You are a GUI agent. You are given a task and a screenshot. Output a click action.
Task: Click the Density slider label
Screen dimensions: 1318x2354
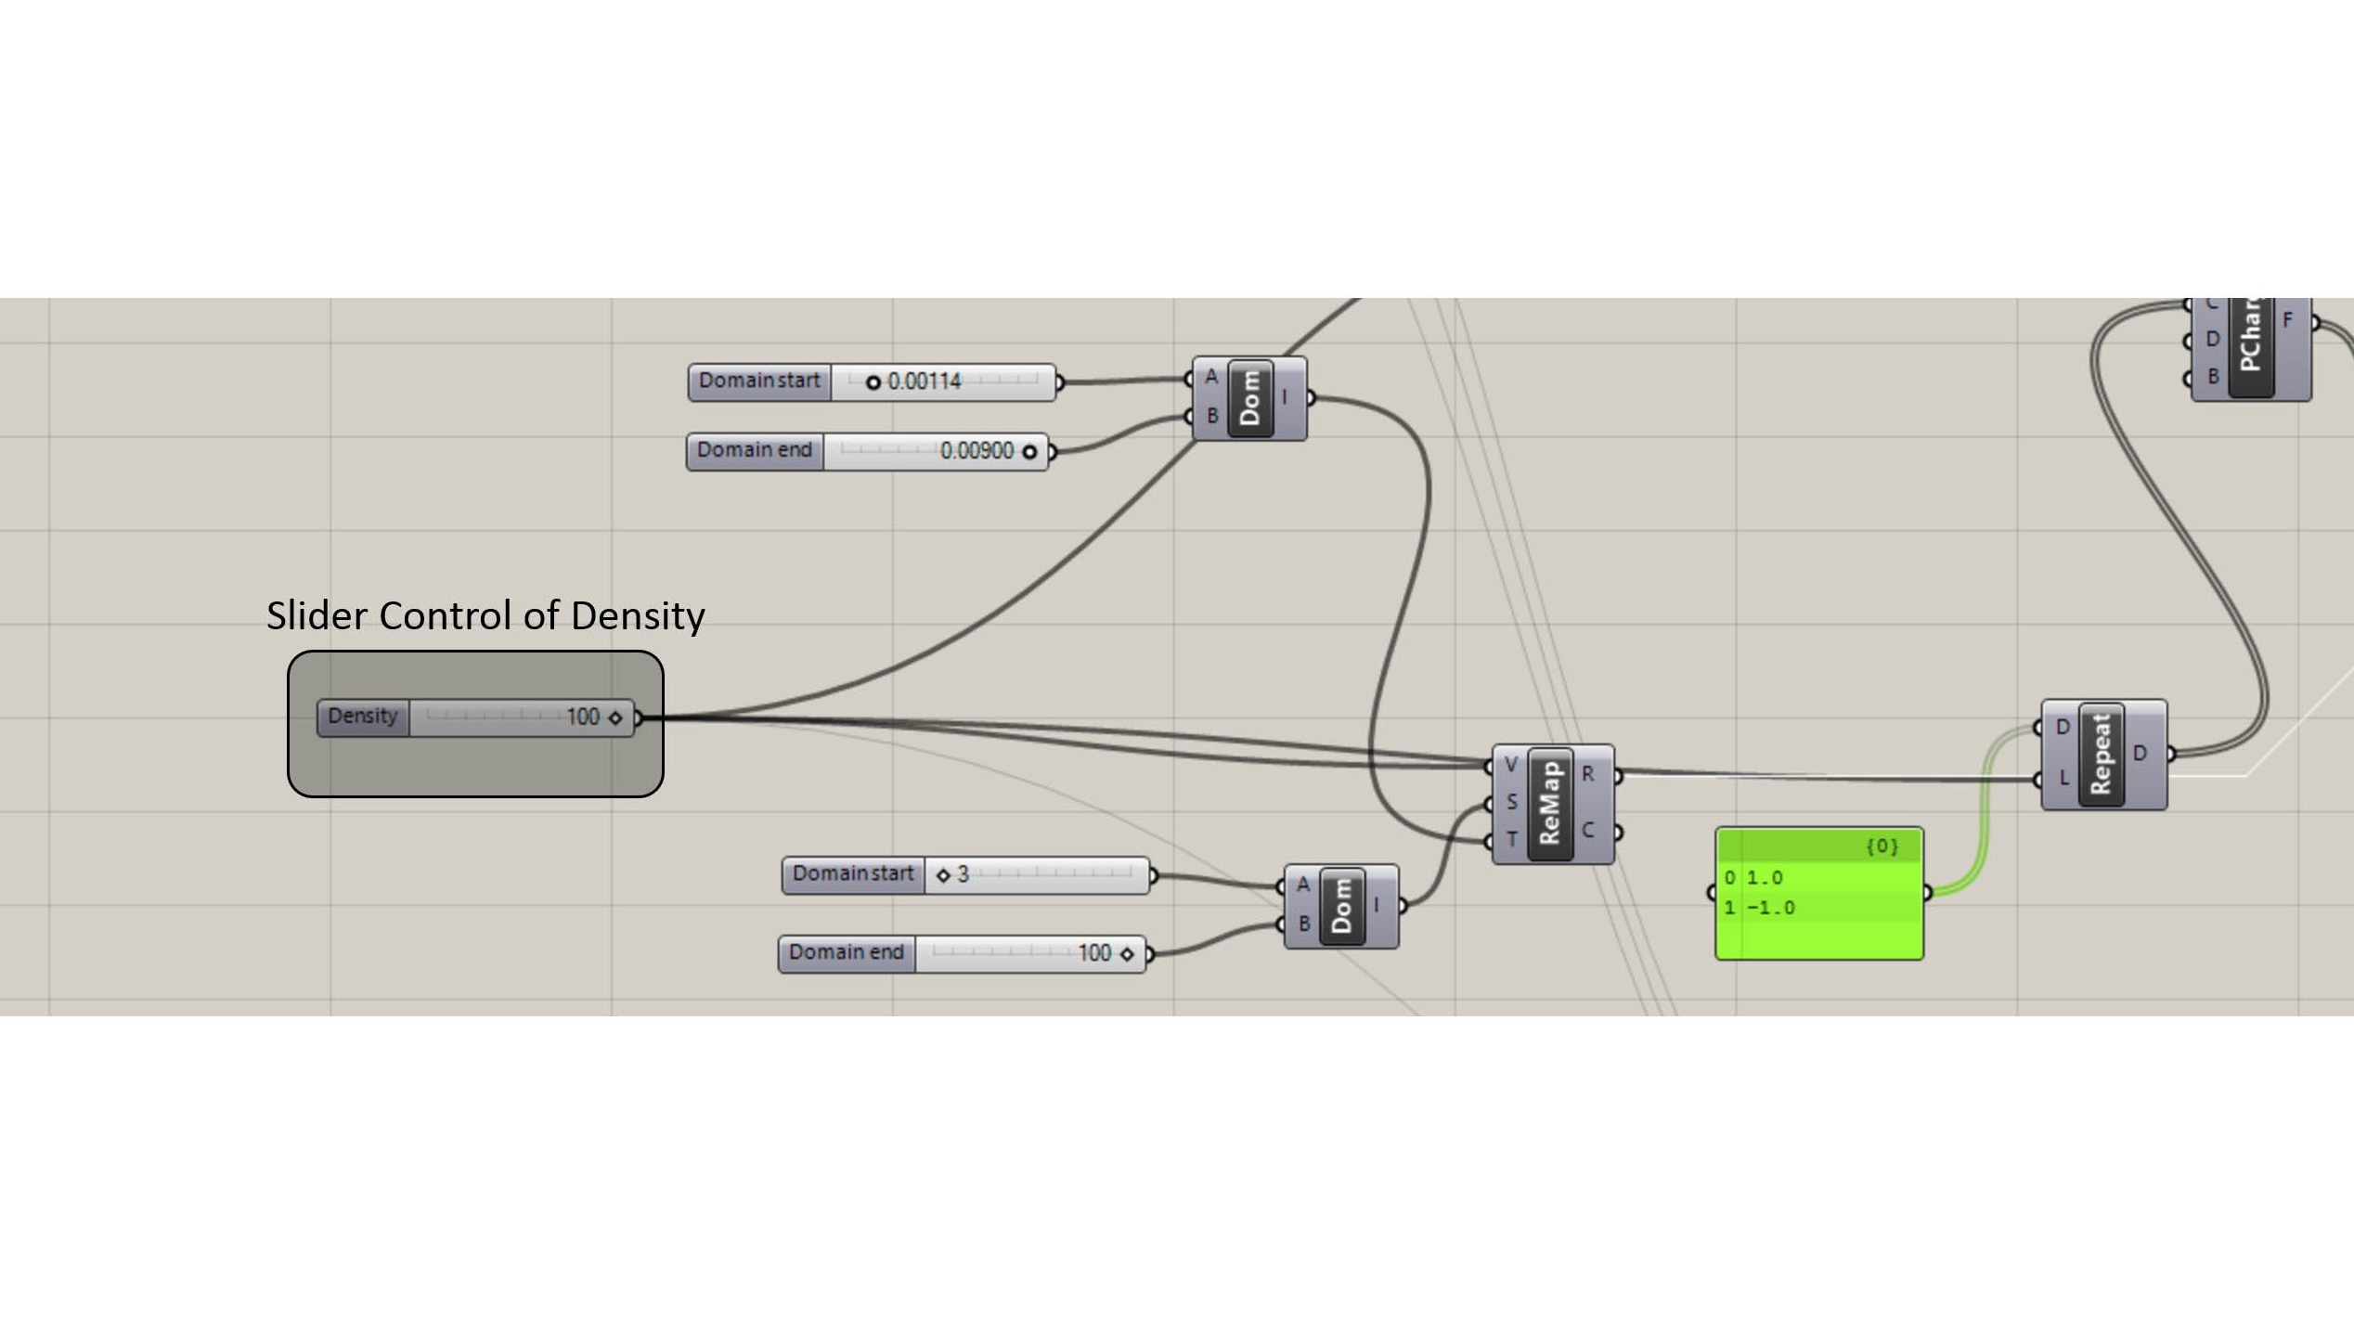362,717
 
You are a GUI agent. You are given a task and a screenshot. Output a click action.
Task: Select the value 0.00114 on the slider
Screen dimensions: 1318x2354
924,381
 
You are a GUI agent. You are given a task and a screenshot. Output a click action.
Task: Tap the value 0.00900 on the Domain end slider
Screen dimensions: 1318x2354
977,451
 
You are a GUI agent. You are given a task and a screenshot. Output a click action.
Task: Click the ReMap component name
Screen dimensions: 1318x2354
1549,805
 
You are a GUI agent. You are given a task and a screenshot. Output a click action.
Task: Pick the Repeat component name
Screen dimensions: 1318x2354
2101,755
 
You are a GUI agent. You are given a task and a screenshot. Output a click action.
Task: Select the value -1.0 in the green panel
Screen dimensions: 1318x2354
1771,908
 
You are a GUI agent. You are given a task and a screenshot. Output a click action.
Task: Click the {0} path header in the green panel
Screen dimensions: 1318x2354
1882,846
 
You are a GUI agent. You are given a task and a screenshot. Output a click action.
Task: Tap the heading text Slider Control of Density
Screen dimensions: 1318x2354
485,616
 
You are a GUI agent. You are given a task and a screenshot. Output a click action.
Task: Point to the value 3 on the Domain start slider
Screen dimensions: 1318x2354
963,874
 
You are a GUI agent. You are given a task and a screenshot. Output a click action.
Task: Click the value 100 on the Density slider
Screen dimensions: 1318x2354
583,717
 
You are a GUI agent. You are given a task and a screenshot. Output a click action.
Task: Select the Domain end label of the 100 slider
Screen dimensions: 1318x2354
846,952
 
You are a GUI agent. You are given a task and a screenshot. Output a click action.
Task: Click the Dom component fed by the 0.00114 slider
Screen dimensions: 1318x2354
1249,398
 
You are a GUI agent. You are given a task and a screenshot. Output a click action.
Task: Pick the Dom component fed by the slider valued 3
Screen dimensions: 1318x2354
1341,906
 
